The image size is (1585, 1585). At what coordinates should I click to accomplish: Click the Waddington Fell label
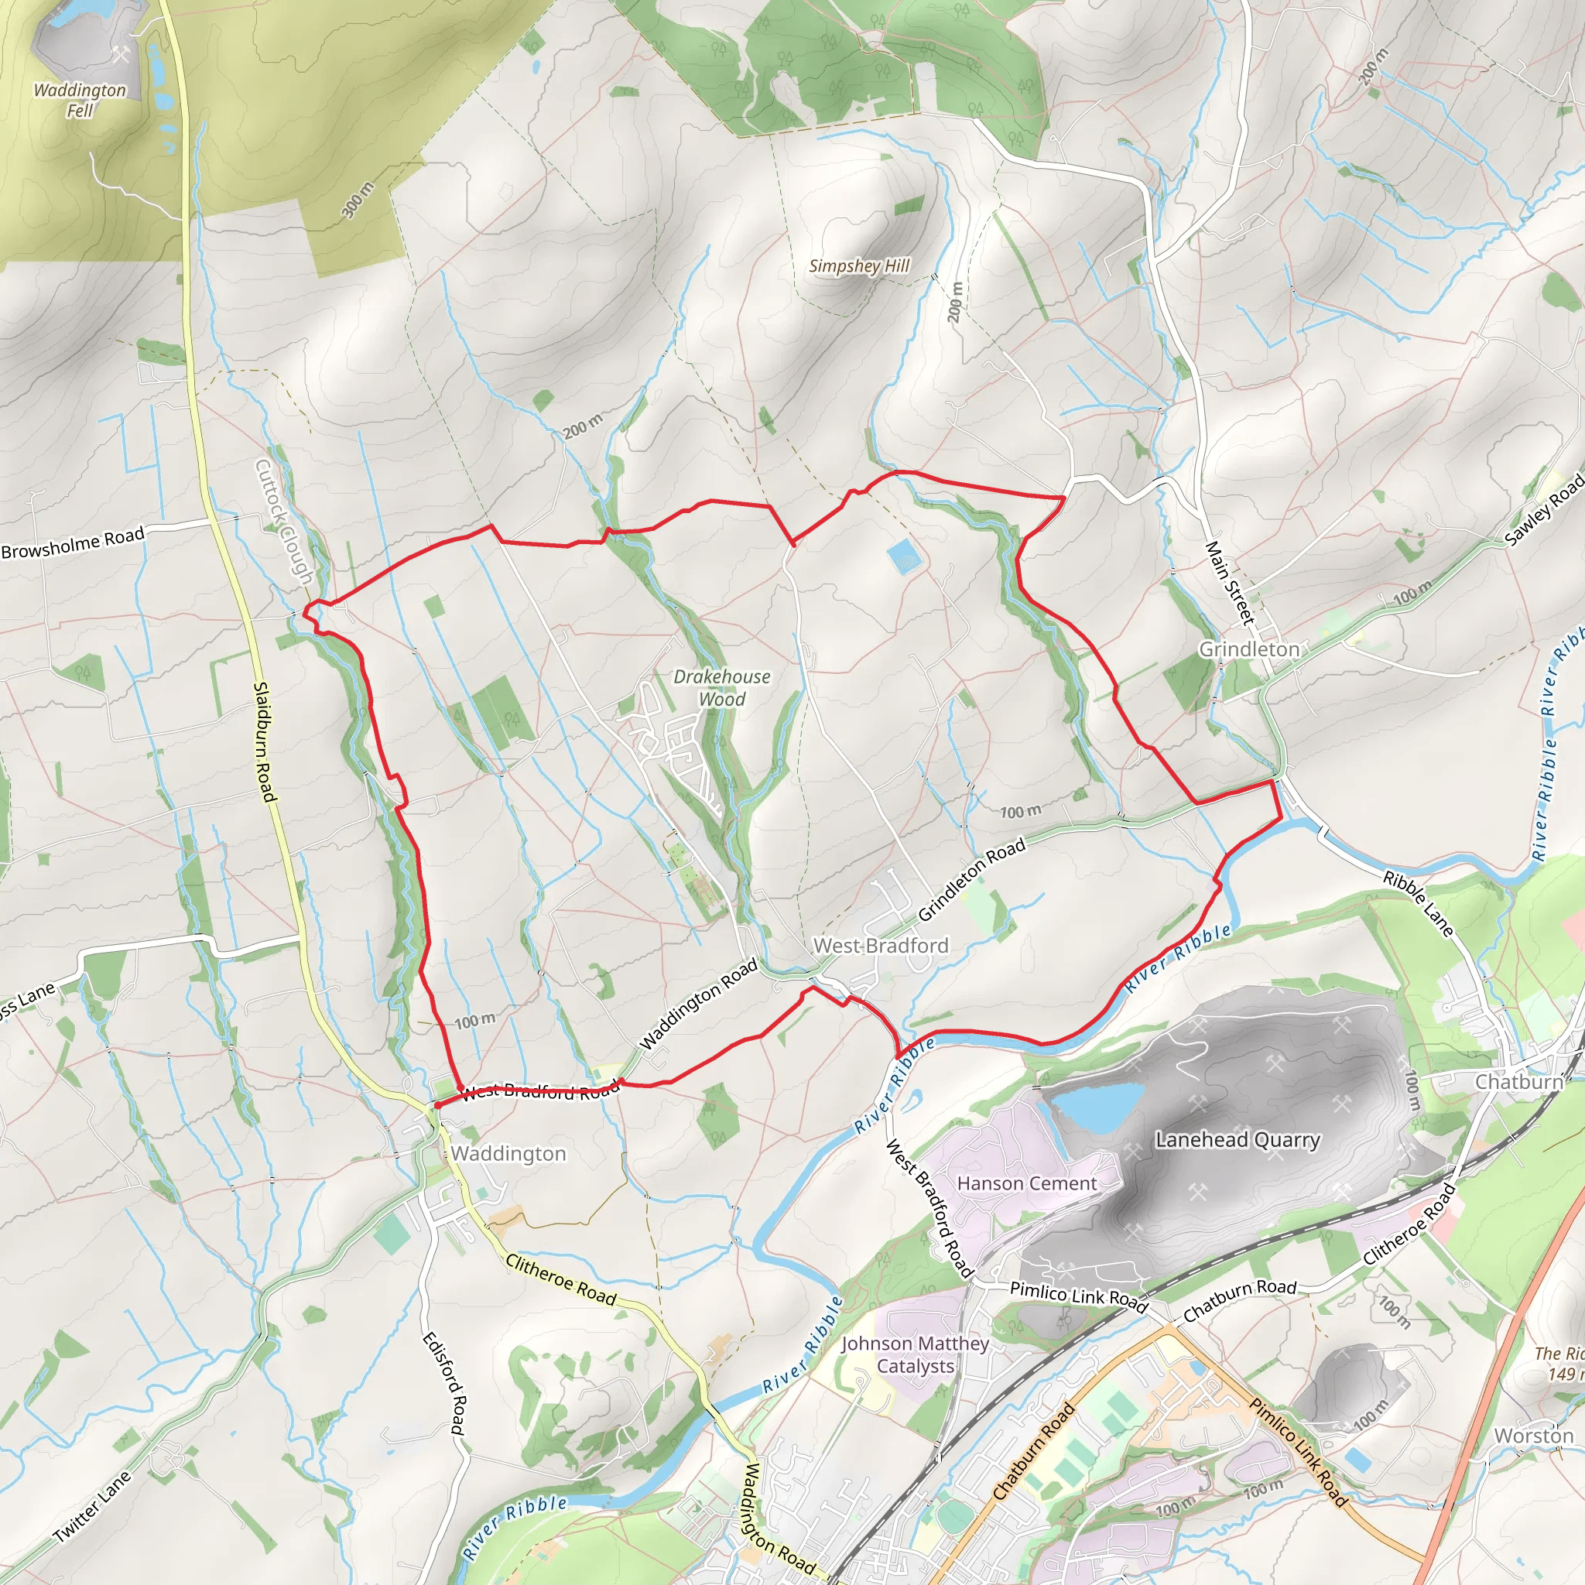pyautogui.click(x=80, y=100)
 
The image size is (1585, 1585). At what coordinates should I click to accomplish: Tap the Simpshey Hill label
pyautogui.click(x=859, y=265)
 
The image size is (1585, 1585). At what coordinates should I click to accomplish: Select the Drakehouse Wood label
pyautogui.click(x=722, y=687)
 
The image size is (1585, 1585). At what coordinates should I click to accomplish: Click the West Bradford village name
pyautogui.click(x=880, y=946)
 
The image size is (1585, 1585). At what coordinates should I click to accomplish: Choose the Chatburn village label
pyautogui.click(x=1518, y=1082)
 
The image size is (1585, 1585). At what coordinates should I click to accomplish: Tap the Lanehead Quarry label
pyautogui.click(x=1238, y=1139)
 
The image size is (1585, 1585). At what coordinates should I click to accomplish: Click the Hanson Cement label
pyautogui.click(x=1026, y=1183)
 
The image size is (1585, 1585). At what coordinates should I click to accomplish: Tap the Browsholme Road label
pyautogui.click(x=73, y=543)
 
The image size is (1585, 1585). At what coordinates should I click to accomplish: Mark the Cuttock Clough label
pyautogui.click(x=284, y=521)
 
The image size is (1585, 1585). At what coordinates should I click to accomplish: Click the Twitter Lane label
pyautogui.click(x=92, y=1505)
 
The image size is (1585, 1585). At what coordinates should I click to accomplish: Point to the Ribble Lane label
pyautogui.click(x=1418, y=902)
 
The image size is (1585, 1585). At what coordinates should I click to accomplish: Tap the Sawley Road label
pyautogui.click(x=1543, y=511)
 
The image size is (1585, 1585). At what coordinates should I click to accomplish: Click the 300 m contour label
pyautogui.click(x=357, y=200)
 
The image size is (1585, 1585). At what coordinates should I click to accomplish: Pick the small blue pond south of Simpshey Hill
pyautogui.click(x=904, y=556)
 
